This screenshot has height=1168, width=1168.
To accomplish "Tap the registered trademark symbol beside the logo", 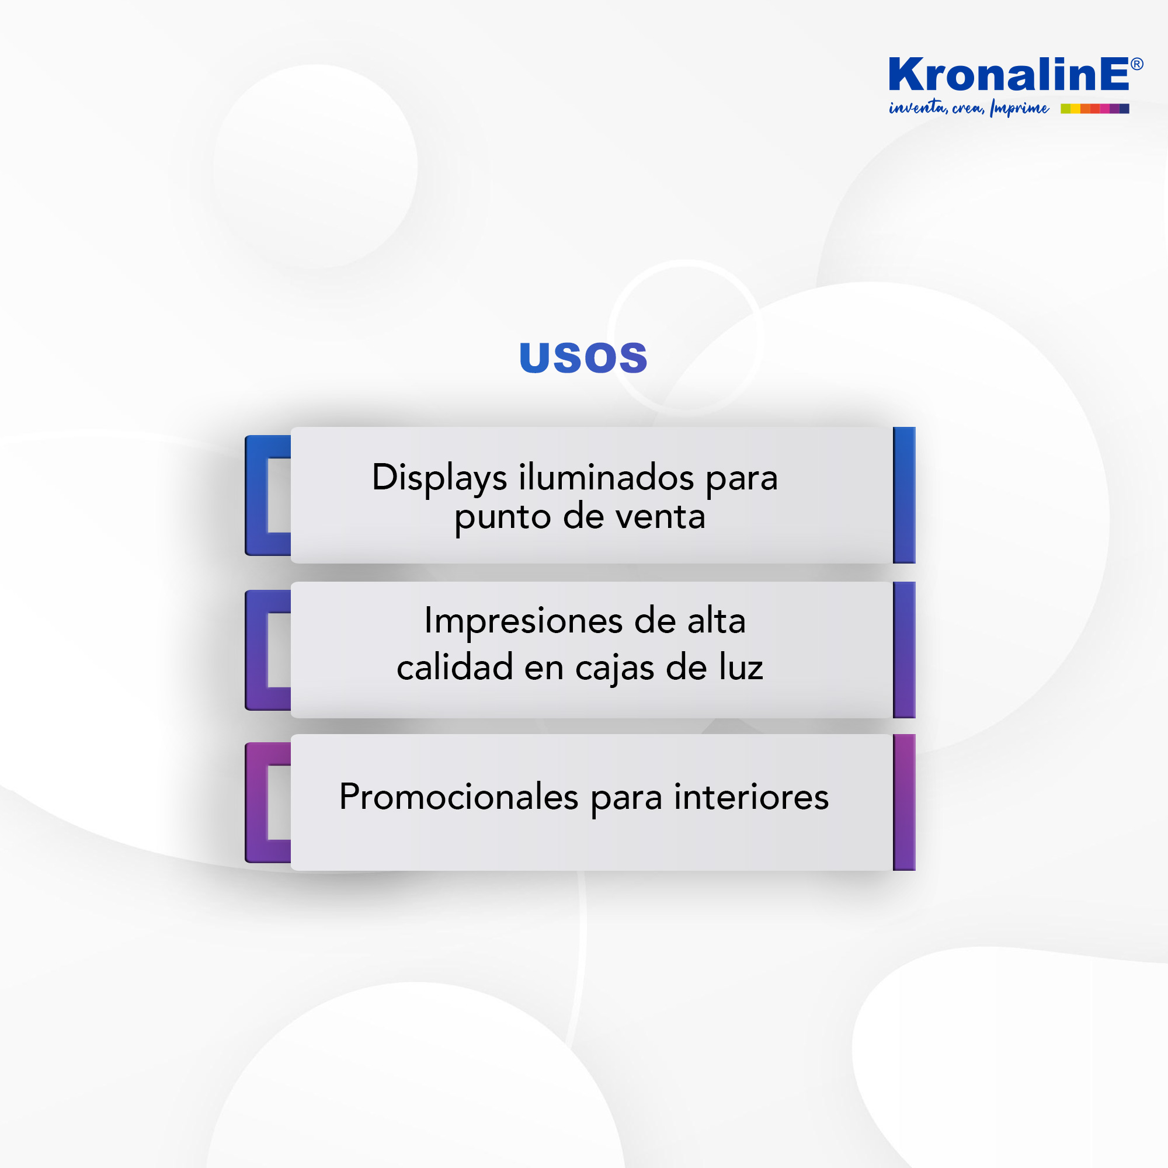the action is [1136, 64].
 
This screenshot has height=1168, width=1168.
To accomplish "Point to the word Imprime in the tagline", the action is [1019, 108].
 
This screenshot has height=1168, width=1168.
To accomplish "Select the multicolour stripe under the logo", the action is [1095, 109].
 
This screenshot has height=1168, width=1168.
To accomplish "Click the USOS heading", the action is [583, 357].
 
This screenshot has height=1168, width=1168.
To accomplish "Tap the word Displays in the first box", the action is [440, 479].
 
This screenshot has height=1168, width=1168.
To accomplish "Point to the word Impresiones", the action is [523, 621].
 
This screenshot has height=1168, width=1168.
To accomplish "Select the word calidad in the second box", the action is [454, 668].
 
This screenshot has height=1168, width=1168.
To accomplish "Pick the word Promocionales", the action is [459, 797].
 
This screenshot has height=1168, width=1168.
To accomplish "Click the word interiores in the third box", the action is [752, 797].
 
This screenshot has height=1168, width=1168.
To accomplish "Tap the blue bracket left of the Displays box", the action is [256, 496].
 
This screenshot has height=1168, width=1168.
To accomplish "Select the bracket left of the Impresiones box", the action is [256, 651].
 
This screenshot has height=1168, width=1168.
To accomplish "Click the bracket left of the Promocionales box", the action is [256, 803].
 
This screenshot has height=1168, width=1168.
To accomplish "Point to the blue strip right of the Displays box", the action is [905, 495].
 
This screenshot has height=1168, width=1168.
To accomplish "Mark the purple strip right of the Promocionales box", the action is [905, 802].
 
